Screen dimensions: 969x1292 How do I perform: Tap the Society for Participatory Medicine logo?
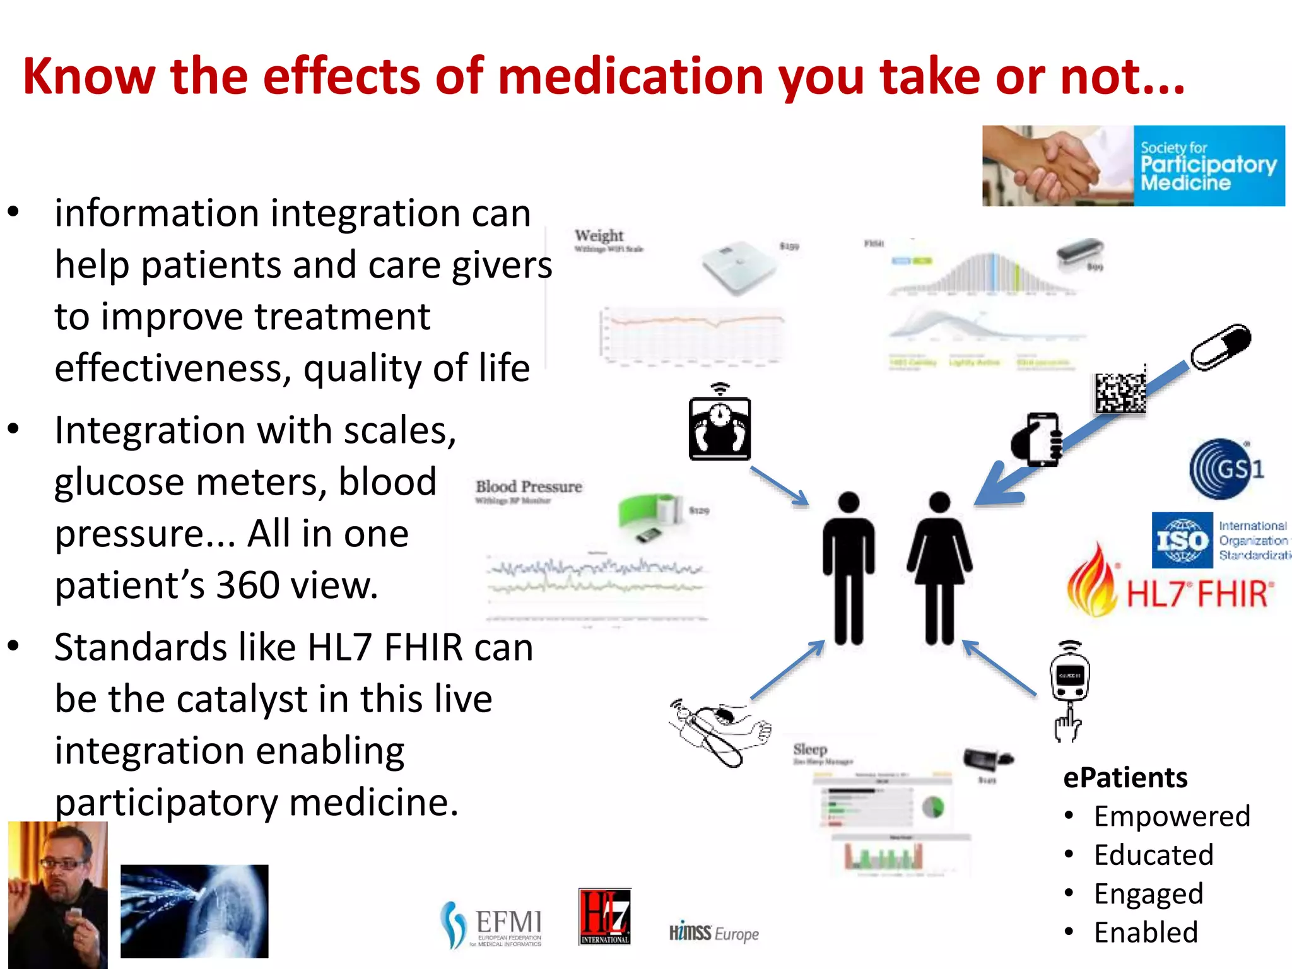click(x=1133, y=166)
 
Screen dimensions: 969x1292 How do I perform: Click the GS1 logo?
click(x=1225, y=469)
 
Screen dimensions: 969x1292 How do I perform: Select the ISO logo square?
click(x=1182, y=541)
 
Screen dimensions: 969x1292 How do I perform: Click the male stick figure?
click(x=849, y=568)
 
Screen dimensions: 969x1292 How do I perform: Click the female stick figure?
click(x=939, y=568)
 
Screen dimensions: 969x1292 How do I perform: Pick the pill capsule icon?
click(x=1220, y=348)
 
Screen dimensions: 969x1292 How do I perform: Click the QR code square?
click(x=1120, y=393)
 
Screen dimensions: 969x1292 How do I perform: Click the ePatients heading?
click(x=1125, y=778)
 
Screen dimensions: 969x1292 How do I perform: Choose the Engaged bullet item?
click(x=1148, y=894)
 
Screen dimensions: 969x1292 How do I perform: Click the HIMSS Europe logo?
click(x=714, y=933)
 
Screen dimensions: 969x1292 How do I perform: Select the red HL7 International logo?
click(x=604, y=916)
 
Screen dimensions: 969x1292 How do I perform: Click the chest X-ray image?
click(x=194, y=911)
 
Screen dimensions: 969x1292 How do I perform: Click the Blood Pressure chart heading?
click(x=529, y=487)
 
